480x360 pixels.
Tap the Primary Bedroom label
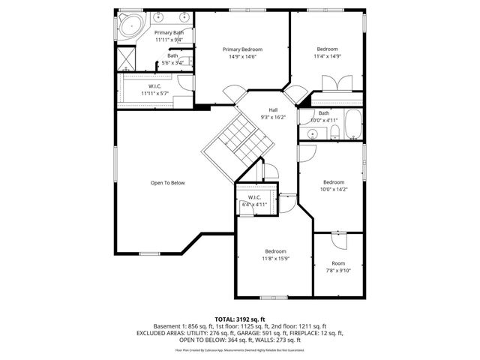(242, 49)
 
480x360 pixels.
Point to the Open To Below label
(167, 183)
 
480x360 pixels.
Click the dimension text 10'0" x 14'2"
(334, 190)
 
